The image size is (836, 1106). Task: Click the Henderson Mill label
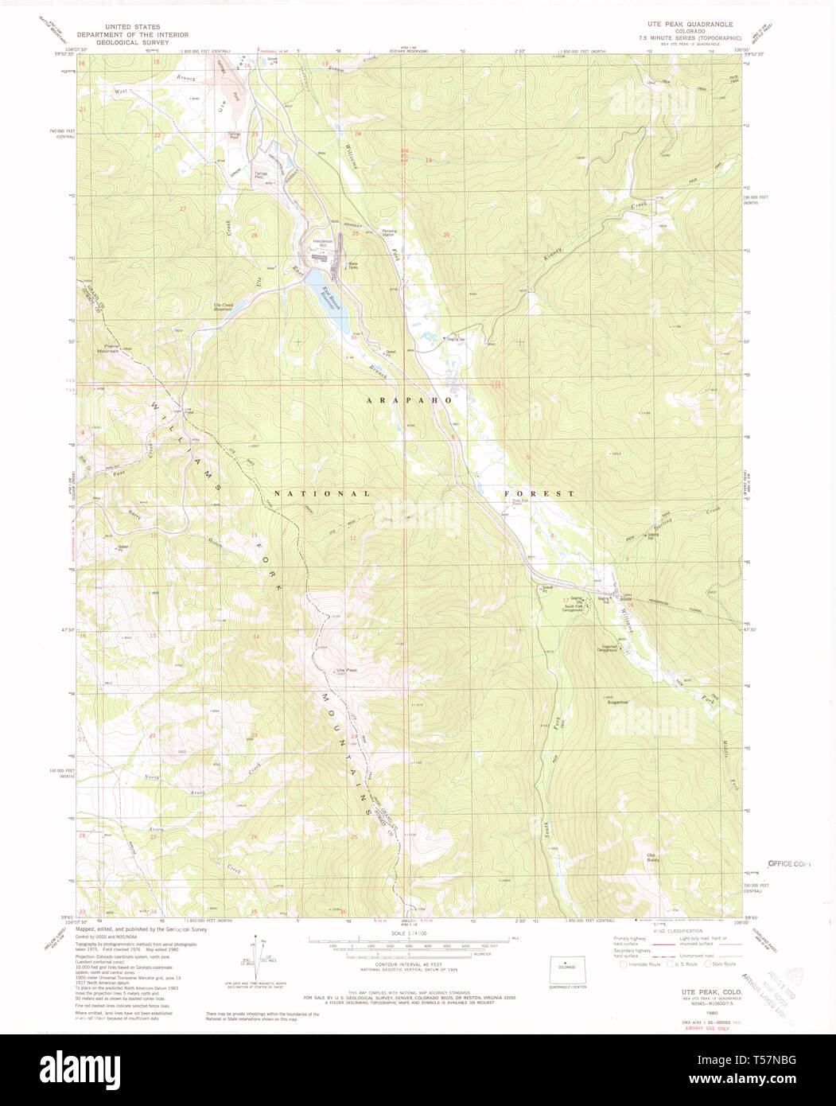pyautogui.click(x=321, y=243)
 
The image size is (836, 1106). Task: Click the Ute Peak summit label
pyautogui.click(x=347, y=670)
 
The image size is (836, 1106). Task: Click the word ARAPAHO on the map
pyautogui.click(x=410, y=400)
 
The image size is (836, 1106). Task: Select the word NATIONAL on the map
pyautogui.click(x=322, y=493)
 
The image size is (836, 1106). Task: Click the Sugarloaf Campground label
pyautogui.click(x=611, y=648)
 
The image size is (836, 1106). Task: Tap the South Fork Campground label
pyautogui.click(x=579, y=609)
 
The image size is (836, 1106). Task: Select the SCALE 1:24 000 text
pyautogui.click(x=406, y=933)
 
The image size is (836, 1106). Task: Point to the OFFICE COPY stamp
pyautogui.click(x=789, y=863)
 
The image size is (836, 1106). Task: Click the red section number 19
pyautogui.click(x=429, y=161)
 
